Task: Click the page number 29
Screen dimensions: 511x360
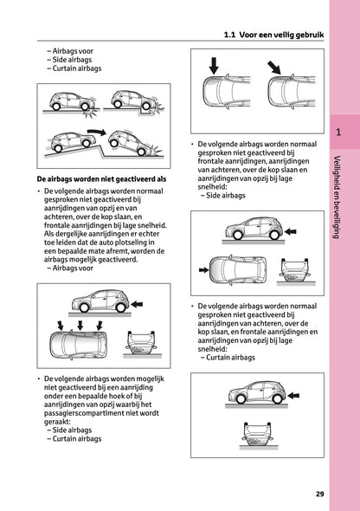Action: point(319,495)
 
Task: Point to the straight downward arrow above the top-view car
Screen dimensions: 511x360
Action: point(212,65)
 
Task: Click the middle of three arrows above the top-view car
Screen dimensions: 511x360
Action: point(78,327)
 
